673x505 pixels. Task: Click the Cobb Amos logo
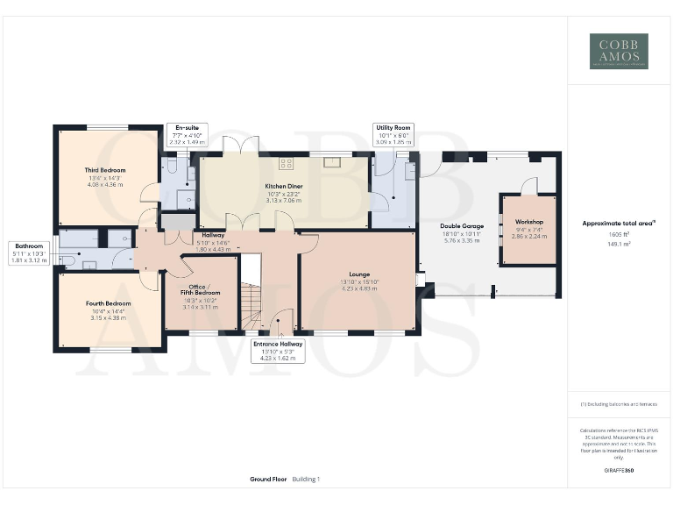coord(619,51)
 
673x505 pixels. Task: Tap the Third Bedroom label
coord(105,170)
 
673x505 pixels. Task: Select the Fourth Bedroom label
coord(108,304)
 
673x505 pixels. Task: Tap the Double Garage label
coord(461,226)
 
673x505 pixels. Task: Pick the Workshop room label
coord(529,223)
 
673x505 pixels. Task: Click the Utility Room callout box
coord(393,134)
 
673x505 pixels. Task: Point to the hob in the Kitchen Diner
coord(286,162)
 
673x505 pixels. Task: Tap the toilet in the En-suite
coord(173,164)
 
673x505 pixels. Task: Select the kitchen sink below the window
coord(333,161)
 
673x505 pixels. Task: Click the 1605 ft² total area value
coord(619,235)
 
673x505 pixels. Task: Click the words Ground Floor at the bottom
coord(268,480)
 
